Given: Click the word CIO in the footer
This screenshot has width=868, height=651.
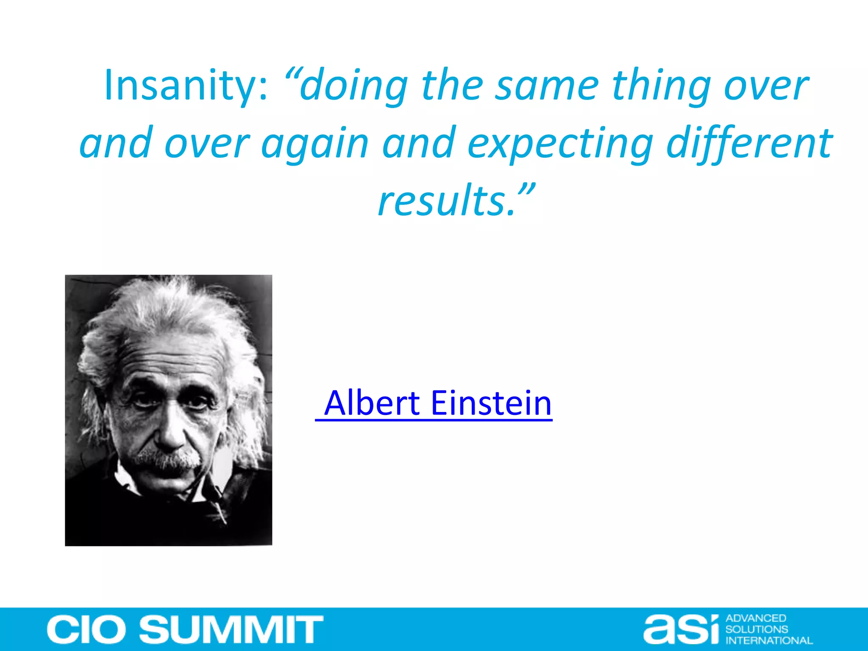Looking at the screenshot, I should point(86,629).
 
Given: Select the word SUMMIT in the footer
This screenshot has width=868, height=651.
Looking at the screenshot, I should point(231,629).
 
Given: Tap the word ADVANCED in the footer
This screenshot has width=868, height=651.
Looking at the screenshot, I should point(756,618).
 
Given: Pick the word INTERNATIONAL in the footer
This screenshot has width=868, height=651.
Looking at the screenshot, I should point(769,640).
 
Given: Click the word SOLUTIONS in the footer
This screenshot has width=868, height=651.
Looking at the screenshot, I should point(757,629).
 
